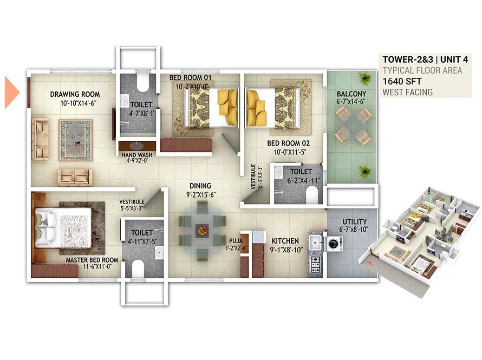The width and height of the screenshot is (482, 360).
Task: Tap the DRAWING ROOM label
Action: tap(75, 94)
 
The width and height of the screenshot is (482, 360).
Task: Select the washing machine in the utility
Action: tap(335, 244)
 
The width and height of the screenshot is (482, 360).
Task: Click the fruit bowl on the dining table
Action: tap(202, 231)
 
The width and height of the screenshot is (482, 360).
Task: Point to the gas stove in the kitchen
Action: tap(316, 264)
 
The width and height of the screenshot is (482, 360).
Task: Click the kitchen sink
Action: tap(315, 243)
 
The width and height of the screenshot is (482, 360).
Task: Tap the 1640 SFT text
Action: tap(402, 81)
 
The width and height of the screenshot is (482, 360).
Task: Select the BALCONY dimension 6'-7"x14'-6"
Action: tap(351, 102)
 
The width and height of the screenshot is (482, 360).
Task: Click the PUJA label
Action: tap(236, 241)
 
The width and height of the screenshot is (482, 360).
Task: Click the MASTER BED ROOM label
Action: tap(92, 260)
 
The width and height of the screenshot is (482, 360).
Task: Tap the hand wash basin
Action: tap(137, 145)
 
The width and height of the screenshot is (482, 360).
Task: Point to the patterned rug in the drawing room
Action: tap(76, 140)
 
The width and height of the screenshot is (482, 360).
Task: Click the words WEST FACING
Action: tap(408, 92)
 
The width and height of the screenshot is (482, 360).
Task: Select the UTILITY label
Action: tap(355, 222)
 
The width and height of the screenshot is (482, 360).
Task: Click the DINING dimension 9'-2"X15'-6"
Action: tap(201, 195)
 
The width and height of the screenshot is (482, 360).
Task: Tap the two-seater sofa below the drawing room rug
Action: tap(74, 178)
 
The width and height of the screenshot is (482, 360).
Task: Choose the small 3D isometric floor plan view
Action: tap(419, 241)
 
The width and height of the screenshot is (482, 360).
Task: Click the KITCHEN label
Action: tap(285, 241)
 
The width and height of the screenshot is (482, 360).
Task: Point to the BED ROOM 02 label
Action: tap(288, 143)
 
